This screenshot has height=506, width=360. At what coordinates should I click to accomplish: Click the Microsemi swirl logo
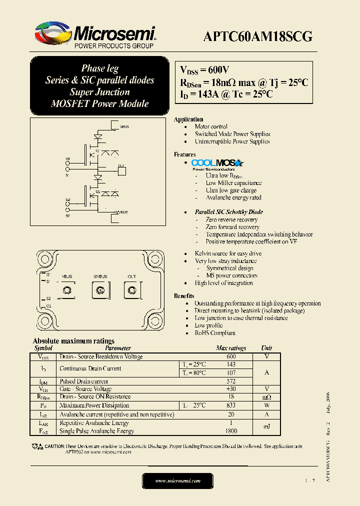click(53, 33)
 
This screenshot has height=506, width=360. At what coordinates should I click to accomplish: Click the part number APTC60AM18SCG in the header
click(257, 36)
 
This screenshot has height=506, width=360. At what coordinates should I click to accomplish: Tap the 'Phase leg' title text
click(99, 68)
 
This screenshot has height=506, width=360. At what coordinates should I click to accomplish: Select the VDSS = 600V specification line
click(204, 70)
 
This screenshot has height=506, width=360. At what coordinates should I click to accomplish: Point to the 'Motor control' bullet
click(211, 126)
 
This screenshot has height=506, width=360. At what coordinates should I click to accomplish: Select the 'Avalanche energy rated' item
click(233, 197)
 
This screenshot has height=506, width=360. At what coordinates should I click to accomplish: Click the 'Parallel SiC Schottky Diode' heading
click(228, 212)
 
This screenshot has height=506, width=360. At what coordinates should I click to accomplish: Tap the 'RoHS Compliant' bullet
click(215, 333)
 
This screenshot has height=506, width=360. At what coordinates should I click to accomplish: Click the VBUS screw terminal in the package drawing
click(66, 290)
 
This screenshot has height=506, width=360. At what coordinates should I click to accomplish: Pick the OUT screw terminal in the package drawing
click(132, 290)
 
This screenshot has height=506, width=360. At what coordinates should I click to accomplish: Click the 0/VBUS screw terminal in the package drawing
click(99, 290)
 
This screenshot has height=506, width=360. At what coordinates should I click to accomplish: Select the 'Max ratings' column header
click(231, 348)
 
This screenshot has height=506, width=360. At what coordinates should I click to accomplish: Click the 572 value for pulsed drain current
click(231, 381)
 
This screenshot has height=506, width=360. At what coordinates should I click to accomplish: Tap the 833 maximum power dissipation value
click(231, 405)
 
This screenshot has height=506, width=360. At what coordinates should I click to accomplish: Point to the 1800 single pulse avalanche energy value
click(231, 431)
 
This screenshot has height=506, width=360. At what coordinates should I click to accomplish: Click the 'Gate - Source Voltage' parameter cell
click(85, 389)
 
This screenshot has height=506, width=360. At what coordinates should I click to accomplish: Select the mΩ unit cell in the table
click(266, 397)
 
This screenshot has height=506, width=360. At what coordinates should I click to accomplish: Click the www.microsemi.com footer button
click(177, 480)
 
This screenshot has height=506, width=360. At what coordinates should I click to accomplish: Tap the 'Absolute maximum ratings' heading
click(73, 341)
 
